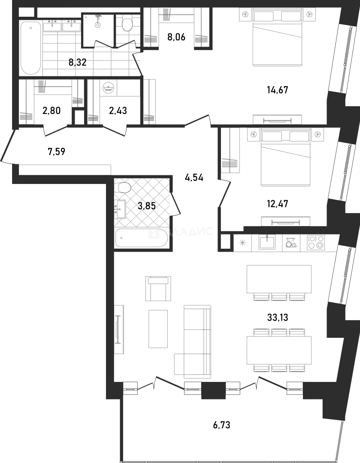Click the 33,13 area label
coord(277,317)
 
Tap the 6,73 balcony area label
coord(222,425)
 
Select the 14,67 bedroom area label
coord(277,90)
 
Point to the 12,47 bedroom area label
coord(277,204)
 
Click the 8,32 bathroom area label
coord(77,63)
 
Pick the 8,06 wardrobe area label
coord(176,37)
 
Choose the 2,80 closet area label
coord(52,111)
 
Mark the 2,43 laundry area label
coord(118,111)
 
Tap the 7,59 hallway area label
coord(57,152)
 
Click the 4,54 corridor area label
coord(194,178)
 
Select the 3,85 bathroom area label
coord(147,206)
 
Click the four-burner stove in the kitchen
coord(316,243)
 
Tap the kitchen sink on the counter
coord(267,242)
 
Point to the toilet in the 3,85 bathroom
coord(124,187)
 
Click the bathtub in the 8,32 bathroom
coord(31,48)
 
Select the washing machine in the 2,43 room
coord(108,88)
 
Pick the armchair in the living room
coord(158,289)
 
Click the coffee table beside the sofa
coord(158,329)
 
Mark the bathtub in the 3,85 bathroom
coord(142,238)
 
